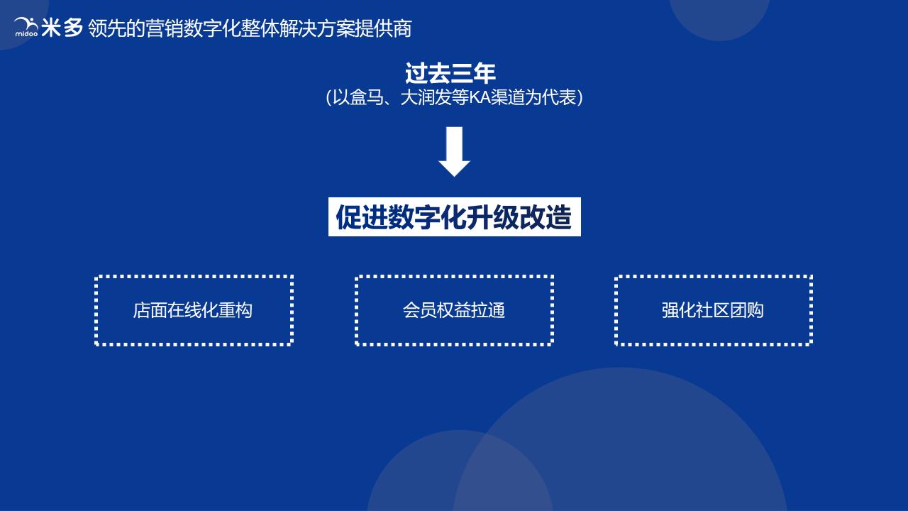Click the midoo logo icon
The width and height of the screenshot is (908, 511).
pyautogui.click(x=26, y=27)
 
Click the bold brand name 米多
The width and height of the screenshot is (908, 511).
pyautogui.click(x=62, y=28)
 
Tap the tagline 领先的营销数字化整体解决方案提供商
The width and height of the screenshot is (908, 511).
pyautogui.click(x=250, y=28)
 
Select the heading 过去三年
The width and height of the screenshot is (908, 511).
pyautogui.click(x=450, y=74)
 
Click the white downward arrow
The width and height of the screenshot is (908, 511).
pyautogui.click(x=454, y=151)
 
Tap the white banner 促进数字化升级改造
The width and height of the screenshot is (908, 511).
pyautogui.click(x=454, y=217)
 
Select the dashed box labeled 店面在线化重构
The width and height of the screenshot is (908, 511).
pyautogui.click(x=194, y=310)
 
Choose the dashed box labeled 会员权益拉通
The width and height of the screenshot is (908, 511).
pyautogui.click(x=454, y=310)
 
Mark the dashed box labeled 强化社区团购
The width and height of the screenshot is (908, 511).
pyautogui.click(x=713, y=310)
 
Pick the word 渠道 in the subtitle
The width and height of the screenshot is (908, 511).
pyautogui.click(x=514, y=98)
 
